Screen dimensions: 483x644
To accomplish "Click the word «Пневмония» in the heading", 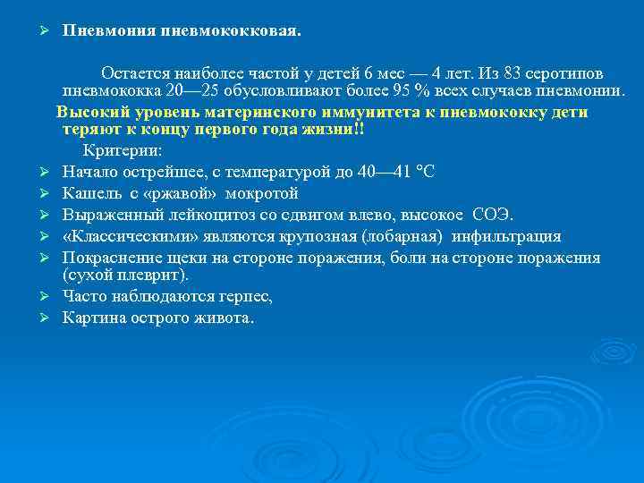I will [x=109, y=31].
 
